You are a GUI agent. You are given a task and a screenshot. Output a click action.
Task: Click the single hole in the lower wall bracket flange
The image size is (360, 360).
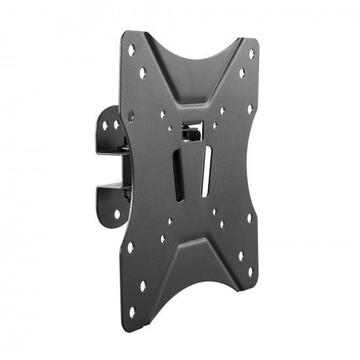pos(117,214)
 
